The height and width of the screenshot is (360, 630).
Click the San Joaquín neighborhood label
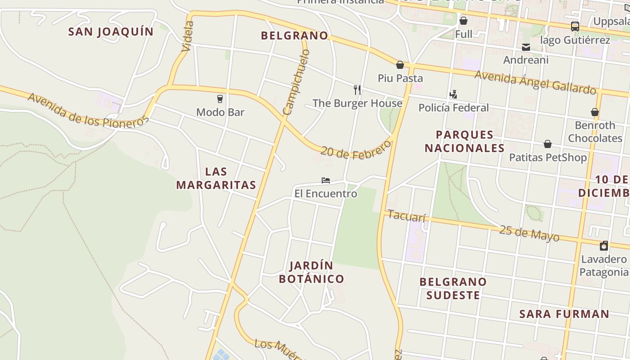[111, 31]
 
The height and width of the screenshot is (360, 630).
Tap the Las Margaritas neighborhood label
[216, 178]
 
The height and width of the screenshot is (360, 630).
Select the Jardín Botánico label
[311, 272]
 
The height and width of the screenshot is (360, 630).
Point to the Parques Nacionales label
[464, 141]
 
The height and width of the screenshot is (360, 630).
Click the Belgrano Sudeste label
[453, 288]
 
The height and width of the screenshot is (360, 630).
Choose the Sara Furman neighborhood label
[564, 314]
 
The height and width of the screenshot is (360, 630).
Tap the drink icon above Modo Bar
[220, 99]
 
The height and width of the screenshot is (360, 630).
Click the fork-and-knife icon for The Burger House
[357, 90]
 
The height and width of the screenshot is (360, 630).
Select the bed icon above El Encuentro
[326, 180]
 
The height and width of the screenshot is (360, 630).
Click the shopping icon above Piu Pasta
[400, 65]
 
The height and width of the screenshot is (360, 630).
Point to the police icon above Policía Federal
[453, 94]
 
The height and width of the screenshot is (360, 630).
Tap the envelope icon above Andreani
[526, 47]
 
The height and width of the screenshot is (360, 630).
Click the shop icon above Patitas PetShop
[548, 144]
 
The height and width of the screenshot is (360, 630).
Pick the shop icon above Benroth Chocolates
[595, 112]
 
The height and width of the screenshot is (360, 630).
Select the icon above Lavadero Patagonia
[604, 246]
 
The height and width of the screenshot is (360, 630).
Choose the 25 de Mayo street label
[529, 233]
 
